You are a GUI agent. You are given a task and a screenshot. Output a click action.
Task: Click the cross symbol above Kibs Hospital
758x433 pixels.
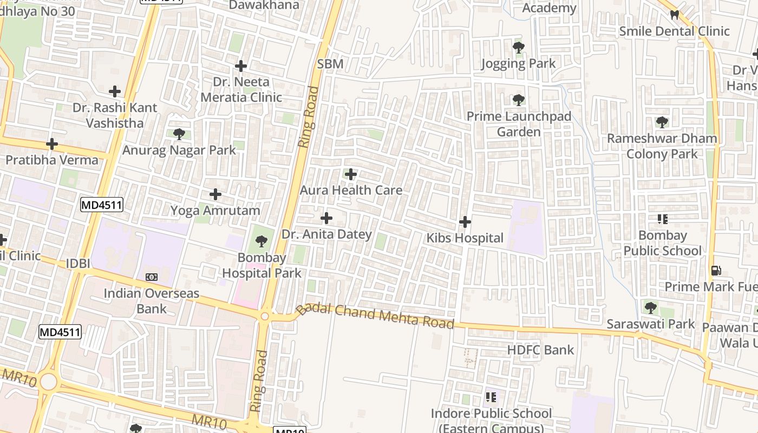(x=465, y=222)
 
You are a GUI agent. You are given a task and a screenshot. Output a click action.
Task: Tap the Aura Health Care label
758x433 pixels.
(x=351, y=190)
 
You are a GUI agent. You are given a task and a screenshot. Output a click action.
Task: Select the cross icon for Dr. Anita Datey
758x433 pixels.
(x=326, y=218)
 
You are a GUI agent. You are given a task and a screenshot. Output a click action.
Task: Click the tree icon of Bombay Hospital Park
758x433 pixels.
(x=262, y=241)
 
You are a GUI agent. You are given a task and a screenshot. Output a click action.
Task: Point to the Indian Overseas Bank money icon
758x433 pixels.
(x=152, y=277)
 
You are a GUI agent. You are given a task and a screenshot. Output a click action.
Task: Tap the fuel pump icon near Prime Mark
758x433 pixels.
(x=715, y=271)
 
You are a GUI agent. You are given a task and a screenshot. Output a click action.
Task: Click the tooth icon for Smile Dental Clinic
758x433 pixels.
(x=674, y=15)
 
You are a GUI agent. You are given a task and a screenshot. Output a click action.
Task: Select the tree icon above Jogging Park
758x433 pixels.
(x=519, y=48)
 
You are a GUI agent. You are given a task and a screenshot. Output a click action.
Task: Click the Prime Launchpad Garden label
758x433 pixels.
(x=519, y=124)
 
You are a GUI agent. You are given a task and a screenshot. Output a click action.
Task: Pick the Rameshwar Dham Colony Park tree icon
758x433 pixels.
(x=662, y=122)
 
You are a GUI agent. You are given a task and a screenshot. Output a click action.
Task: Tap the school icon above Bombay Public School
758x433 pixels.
(x=662, y=219)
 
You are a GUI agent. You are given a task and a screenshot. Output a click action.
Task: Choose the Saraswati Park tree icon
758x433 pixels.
(x=650, y=308)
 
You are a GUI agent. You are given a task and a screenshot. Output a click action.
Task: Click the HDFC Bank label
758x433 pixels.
(x=540, y=350)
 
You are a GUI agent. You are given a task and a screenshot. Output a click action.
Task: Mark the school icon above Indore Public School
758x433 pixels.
(x=491, y=398)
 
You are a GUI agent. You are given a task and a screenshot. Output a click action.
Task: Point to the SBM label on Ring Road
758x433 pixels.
(x=330, y=64)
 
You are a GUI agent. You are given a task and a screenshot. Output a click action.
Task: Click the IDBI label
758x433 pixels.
(x=78, y=264)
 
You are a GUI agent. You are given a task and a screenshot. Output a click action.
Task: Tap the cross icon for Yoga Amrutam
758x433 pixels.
(x=215, y=194)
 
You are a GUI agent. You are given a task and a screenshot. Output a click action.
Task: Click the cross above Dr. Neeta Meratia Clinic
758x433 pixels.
(x=241, y=66)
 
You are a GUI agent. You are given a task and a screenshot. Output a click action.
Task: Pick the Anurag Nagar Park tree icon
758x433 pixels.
(x=179, y=134)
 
